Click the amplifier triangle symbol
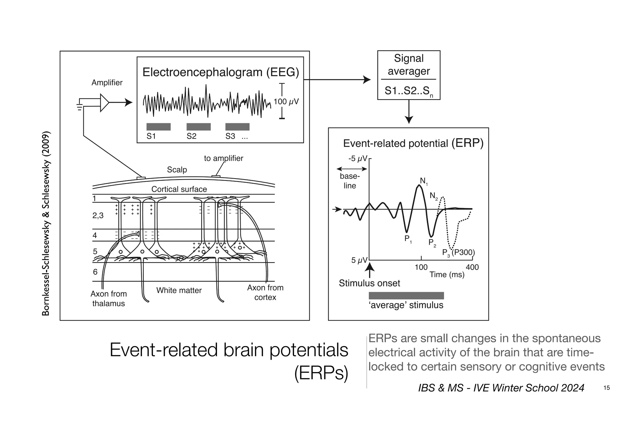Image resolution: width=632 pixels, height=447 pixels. pyautogui.click(x=104, y=102)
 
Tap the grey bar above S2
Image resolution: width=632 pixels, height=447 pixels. pyautogui.click(x=198, y=127)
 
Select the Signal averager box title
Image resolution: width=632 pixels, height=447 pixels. pyautogui.click(x=409, y=65)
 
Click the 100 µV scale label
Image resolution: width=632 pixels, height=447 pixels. pyautogui.click(x=286, y=102)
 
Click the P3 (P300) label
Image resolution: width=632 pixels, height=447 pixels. pyautogui.click(x=458, y=253)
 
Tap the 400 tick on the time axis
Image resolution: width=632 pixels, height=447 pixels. pyautogui.click(x=472, y=267)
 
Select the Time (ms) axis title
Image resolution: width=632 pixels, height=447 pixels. pyautogui.click(x=447, y=274)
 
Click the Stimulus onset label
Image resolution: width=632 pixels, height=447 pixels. pyautogui.click(x=369, y=283)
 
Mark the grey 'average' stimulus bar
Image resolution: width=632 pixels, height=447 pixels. pyautogui.click(x=406, y=296)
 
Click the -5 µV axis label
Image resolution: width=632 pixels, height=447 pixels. pyautogui.click(x=358, y=159)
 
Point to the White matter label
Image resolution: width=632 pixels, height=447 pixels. pyautogui.click(x=179, y=290)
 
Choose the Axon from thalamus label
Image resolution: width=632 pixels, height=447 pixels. pyautogui.click(x=109, y=299)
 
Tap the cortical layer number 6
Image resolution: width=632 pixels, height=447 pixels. pyautogui.click(x=95, y=272)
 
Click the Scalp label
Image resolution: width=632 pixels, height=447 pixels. pyautogui.click(x=177, y=169)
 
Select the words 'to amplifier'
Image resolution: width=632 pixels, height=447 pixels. pyautogui.click(x=223, y=158)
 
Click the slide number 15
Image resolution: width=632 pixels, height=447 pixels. pyautogui.click(x=606, y=388)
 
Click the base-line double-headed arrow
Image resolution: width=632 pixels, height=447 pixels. pyautogui.click(x=352, y=169)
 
